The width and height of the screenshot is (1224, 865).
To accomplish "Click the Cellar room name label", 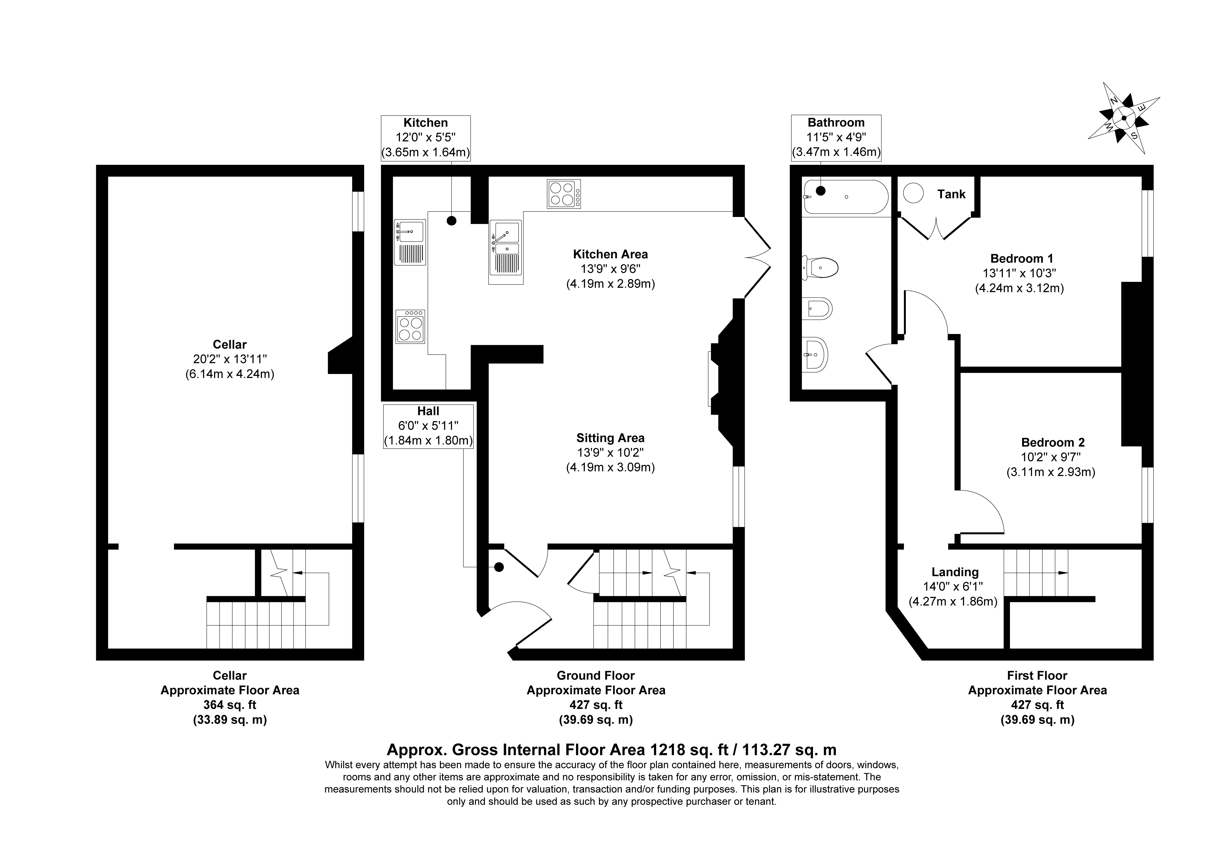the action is coord(230,345).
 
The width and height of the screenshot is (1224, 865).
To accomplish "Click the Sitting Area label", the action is coord(610,438).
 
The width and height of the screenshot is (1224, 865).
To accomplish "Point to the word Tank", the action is coord(952,194).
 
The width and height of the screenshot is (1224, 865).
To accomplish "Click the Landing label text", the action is coord(955,572).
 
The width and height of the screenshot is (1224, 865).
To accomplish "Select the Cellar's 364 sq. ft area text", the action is coord(230,705).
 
